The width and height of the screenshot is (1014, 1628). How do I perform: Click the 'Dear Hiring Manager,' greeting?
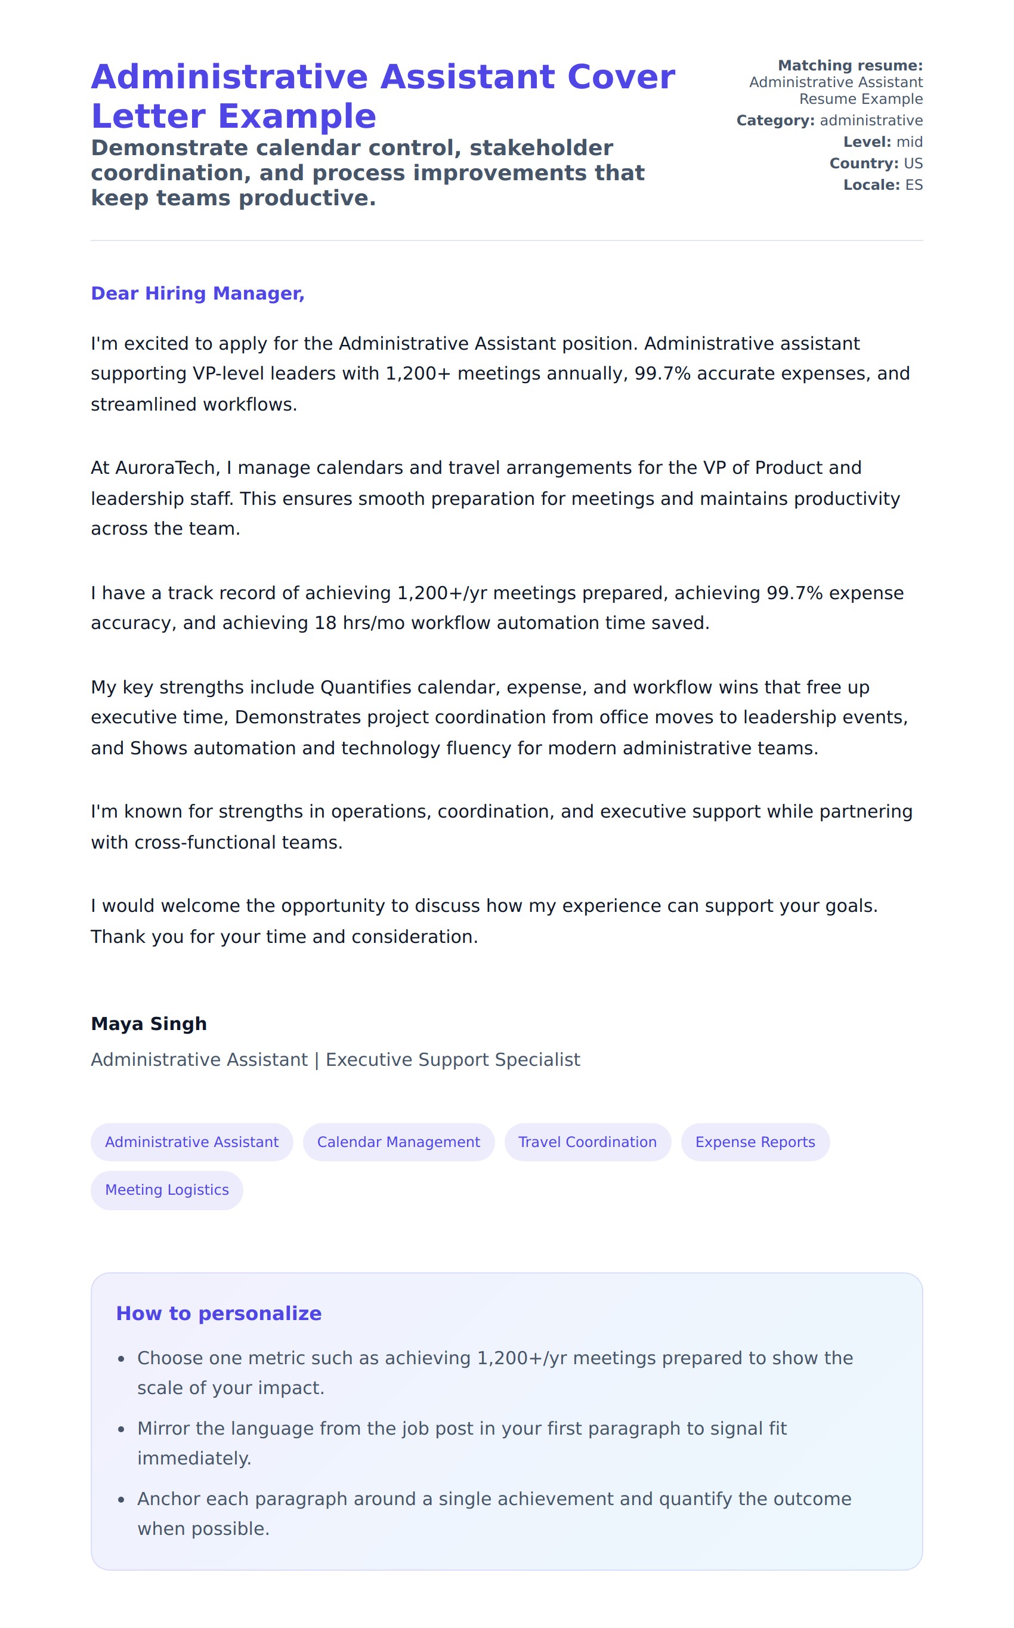(x=197, y=293)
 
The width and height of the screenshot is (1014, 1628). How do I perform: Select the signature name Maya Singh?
(x=149, y=1023)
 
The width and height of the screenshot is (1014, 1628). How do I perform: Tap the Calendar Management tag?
(x=398, y=1142)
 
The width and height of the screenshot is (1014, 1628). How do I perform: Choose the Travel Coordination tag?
(x=588, y=1142)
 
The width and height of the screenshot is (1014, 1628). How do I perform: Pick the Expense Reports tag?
(x=755, y=1142)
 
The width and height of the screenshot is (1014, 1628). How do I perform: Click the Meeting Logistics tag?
(x=167, y=1189)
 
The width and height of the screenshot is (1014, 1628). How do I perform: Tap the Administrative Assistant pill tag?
(x=192, y=1142)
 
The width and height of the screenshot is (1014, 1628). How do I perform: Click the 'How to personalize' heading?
(x=219, y=1313)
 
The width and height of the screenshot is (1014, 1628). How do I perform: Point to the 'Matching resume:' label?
(x=850, y=66)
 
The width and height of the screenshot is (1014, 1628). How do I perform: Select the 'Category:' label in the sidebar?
(x=775, y=121)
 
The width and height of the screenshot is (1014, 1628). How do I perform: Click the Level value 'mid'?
(x=910, y=142)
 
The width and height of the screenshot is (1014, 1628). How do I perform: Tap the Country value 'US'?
(x=913, y=164)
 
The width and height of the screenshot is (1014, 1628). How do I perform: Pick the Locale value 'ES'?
(x=913, y=185)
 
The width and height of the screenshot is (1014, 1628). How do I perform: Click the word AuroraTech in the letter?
(x=164, y=467)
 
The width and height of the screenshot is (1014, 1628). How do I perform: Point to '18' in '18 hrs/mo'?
(x=325, y=623)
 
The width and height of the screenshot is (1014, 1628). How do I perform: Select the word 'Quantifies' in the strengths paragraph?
(x=366, y=687)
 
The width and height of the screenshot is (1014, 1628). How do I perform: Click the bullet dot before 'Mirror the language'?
(x=122, y=1429)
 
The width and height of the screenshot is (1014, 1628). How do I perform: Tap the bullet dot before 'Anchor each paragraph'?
(x=122, y=1500)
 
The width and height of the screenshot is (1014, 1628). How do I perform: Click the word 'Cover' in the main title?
(x=620, y=77)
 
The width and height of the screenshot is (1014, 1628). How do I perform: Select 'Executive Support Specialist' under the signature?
(x=453, y=1060)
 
